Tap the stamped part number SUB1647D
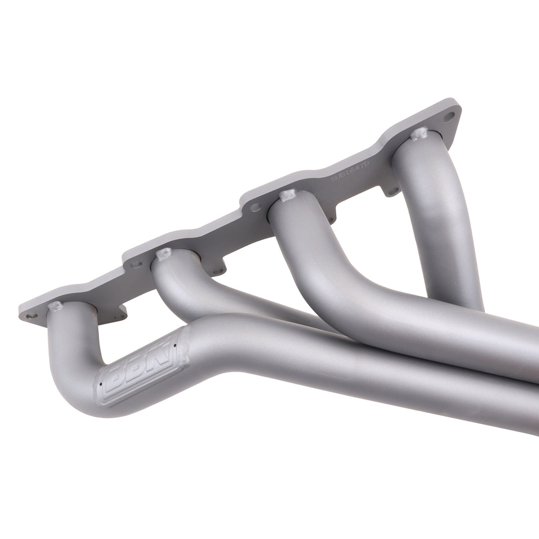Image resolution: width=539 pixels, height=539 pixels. tap(350, 172)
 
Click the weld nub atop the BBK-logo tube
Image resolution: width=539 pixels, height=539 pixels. tap(54, 306)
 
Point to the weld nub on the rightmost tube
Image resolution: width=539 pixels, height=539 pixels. tap(419, 134)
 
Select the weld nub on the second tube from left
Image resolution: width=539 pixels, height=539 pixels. tap(164, 254)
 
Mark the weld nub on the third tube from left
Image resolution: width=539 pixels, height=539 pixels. tap(287, 196)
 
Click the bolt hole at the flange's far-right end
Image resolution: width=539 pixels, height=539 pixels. tap(448, 117)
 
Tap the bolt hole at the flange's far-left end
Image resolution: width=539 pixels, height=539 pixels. tap(32, 316)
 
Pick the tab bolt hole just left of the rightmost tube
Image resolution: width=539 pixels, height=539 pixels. tap(392, 191)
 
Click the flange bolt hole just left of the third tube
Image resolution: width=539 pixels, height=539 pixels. tap(256, 207)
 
